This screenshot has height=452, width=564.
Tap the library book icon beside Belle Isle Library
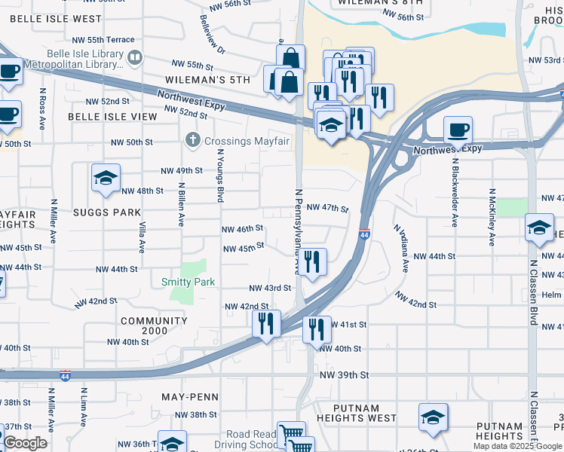(x=135, y=56)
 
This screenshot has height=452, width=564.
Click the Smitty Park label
(x=188, y=282)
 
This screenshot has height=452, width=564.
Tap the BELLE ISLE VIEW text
(x=112, y=117)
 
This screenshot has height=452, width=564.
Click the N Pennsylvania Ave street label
(x=297, y=232)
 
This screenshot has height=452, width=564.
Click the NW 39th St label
(x=344, y=374)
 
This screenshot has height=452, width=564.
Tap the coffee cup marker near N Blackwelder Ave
(x=458, y=130)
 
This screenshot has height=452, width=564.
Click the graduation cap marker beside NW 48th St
(x=106, y=178)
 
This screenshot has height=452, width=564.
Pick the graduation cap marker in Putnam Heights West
(x=433, y=417)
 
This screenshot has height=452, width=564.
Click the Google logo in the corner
(x=24, y=443)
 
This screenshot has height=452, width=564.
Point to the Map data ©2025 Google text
(x=516, y=446)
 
